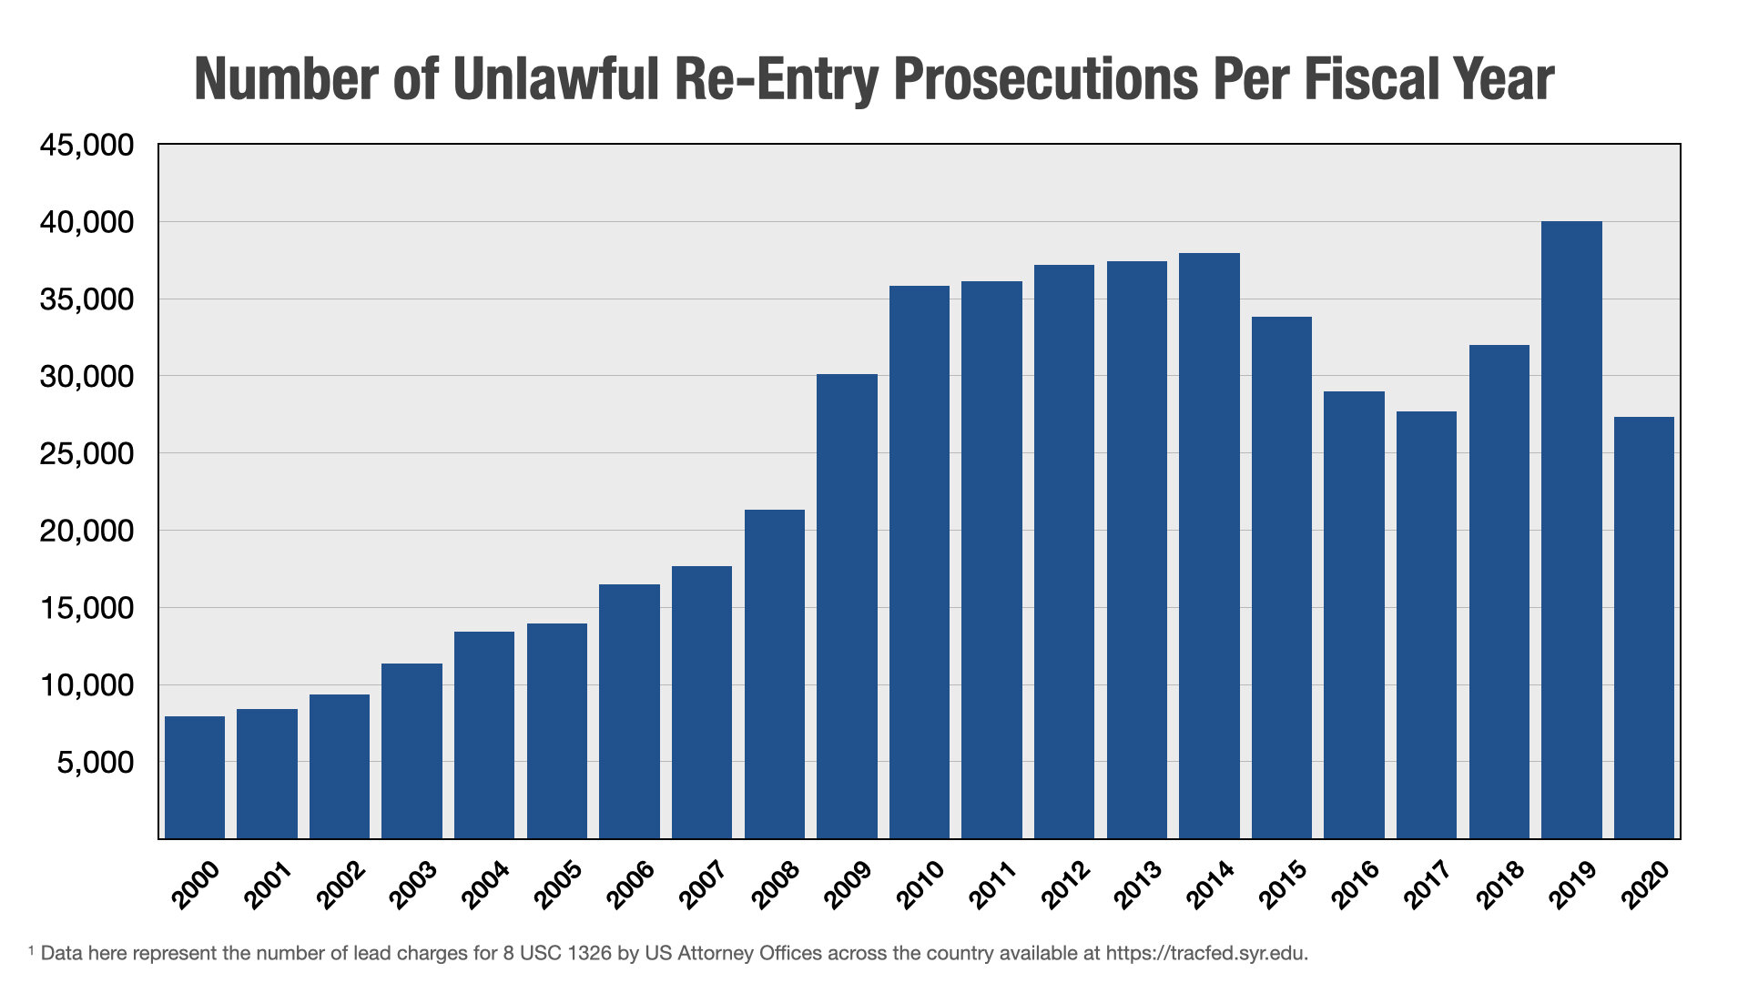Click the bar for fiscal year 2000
click(195, 777)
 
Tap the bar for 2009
click(847, 606)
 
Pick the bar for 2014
click(1209, 546)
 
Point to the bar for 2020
click(1644, 628)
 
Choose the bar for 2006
click(629, 711)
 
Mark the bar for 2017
click(1427, 624)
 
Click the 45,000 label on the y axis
click(86, 146)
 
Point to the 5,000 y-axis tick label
click(95, 763)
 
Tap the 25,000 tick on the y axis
click(86, 454)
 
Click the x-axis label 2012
click(1066, 885)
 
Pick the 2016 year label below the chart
click(1356, 885)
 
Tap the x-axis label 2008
click(776, 885)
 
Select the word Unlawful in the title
click(554, 80)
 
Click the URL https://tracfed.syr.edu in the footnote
click(1205, 954)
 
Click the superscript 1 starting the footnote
click(31, 950)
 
